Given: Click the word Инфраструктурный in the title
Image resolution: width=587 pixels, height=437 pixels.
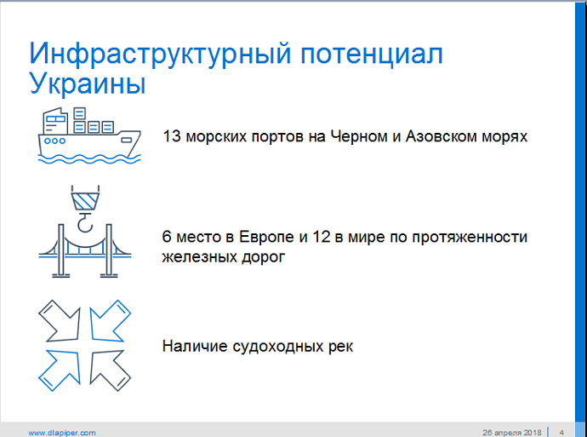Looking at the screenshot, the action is [x=160, y=55].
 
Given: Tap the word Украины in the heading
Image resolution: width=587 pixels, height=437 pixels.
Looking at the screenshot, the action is [x=88, y=84].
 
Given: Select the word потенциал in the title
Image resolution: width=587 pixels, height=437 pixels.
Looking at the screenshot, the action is [x=372, y=55].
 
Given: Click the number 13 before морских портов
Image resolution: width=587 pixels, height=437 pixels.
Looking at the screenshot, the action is [x=172, y=136].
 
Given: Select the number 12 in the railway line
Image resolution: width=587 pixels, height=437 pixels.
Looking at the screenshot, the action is [x=321, y=237].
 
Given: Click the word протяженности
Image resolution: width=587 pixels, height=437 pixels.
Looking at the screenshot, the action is [x=470, y=238].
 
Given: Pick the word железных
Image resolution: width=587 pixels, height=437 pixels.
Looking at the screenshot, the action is [x=197, y=257].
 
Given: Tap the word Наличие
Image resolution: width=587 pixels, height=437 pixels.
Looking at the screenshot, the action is [x=195, y=346].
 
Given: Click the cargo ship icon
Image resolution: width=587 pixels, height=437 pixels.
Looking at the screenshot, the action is [x=89, y=135].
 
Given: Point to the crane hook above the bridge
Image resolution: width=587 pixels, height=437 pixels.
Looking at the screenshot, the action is [x=85, y=221].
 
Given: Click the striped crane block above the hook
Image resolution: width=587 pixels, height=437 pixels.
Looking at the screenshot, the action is [x=85, y=201].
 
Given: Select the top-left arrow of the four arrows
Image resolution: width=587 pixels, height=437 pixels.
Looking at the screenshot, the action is [x=60, y=321].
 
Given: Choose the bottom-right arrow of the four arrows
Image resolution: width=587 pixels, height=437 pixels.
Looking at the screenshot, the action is [x=110, y=371].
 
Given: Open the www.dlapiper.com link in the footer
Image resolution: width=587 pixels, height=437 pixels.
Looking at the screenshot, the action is [x=62, y=433].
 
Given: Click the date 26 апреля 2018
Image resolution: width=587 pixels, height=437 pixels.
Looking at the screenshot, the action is [x=512, y=433].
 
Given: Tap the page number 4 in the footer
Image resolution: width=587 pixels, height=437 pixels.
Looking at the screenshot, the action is [x=561, y=433].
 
